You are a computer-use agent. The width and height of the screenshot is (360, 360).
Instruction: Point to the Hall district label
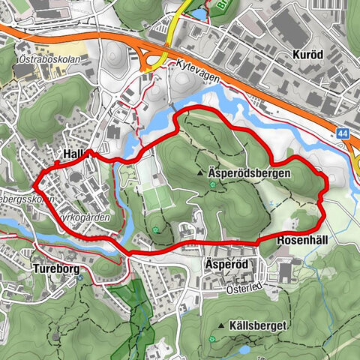(x=73, y=153)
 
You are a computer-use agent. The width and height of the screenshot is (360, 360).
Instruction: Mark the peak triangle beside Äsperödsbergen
(x=202, y=172)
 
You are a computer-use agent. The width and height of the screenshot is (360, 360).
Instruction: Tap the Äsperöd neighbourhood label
(x=224, y=265)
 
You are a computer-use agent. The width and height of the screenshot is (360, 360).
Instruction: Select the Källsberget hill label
(x=256, y=327)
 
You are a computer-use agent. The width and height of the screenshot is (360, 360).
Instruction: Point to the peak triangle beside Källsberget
(x=223, y=327)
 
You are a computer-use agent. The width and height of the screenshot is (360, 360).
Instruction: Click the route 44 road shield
(x=342, y=133)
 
